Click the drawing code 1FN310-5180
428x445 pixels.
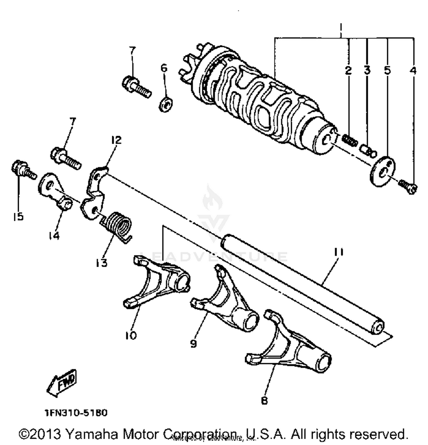coord(76,413)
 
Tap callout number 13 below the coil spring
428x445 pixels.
coord(101,263)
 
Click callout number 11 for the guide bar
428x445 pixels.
coord(339,252)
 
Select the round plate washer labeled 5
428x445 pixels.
coord(383,171)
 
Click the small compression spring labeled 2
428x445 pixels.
coord(350,140)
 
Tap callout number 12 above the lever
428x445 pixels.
coord(116,140)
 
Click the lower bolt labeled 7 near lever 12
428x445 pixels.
coord(66,158)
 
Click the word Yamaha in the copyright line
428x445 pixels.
coord(92,434)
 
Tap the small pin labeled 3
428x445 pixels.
coord(368,151)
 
